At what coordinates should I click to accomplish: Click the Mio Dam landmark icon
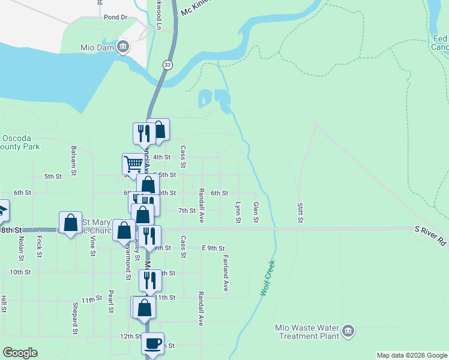click(123, 47)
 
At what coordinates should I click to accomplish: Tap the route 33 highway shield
click(166, 64)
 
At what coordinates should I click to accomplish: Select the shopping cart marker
click(133, 163)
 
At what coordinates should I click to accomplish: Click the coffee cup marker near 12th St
click(152, 343)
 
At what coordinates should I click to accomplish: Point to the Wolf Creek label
click(267, 277)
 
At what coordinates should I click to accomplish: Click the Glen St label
click(256, 212)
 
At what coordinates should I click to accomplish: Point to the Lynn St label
click(238, 212)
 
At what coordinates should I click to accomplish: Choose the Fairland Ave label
click(226, 275)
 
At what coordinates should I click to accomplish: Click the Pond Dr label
click(116, 17)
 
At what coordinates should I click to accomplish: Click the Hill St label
click(4, 304)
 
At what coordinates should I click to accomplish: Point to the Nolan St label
click(21, 246)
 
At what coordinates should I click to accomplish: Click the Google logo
click(20, 353)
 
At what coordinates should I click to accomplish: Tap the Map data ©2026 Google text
click(412, 355)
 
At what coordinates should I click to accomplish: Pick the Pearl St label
click(111, 302)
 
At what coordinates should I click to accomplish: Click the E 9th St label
click(213, 248)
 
